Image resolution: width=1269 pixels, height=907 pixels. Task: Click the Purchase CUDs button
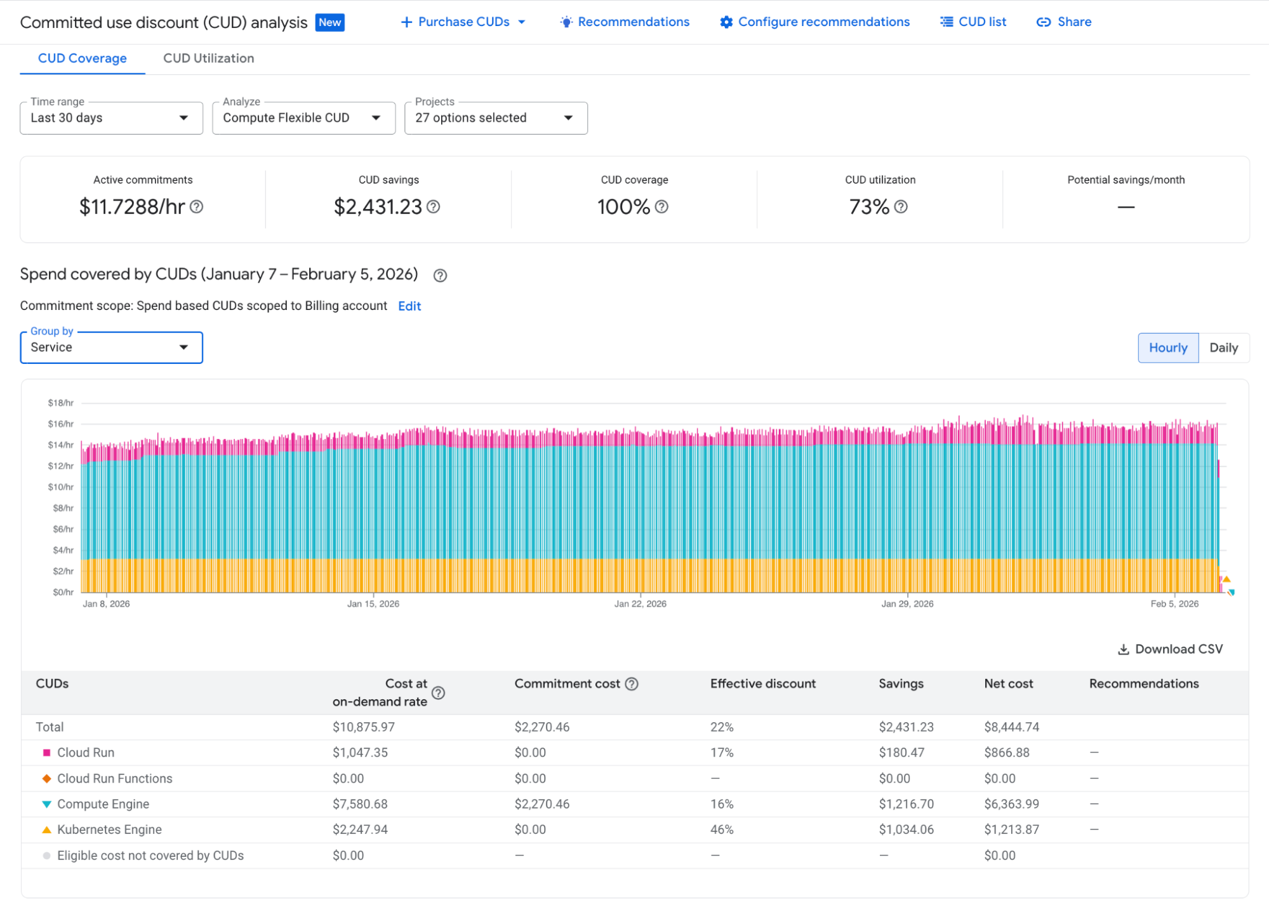pos(463,22)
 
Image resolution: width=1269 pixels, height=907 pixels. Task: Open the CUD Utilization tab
pos(208,58)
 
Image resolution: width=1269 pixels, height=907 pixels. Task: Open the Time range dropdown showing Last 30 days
pos(111,118)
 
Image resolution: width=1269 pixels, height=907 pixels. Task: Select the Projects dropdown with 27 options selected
pos(495,118)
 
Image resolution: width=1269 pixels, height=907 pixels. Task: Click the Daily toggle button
pos(1223,348)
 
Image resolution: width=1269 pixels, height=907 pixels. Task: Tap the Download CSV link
pos(1170,649)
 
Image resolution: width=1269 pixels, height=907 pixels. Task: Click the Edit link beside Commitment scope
pos(409,306)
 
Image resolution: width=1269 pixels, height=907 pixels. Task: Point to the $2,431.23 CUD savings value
pos(378,207)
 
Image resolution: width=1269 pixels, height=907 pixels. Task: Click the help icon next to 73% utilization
pos(900,207)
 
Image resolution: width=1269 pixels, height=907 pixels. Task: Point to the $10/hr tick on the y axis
pos(61,487)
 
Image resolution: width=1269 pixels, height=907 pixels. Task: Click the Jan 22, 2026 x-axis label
pos(640,604)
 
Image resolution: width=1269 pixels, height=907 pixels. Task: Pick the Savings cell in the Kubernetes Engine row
pos(906,830)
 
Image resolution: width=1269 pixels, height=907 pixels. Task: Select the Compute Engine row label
pos(103,804)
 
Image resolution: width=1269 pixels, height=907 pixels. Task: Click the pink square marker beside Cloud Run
pos(46,753)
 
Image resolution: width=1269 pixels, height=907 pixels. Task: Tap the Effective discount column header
pos(762,684)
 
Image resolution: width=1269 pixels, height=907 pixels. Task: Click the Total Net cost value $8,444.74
pos(1011,727)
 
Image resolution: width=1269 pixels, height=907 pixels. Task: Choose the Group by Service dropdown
pos(111,348)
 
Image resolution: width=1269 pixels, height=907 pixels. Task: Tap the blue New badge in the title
pos(329,23)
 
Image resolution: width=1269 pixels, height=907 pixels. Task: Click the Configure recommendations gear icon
pos(726,22)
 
